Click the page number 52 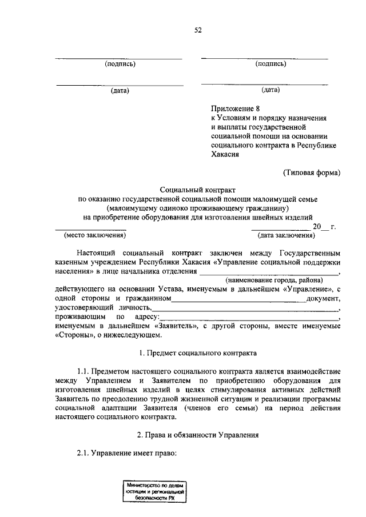(198, 30)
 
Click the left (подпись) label (120, 64)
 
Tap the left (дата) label (120, 90)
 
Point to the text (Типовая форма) (312, 172)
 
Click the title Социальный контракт (198, 189)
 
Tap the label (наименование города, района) (273, 280)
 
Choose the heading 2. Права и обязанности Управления (198, 435)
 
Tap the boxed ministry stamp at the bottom (157, 491)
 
